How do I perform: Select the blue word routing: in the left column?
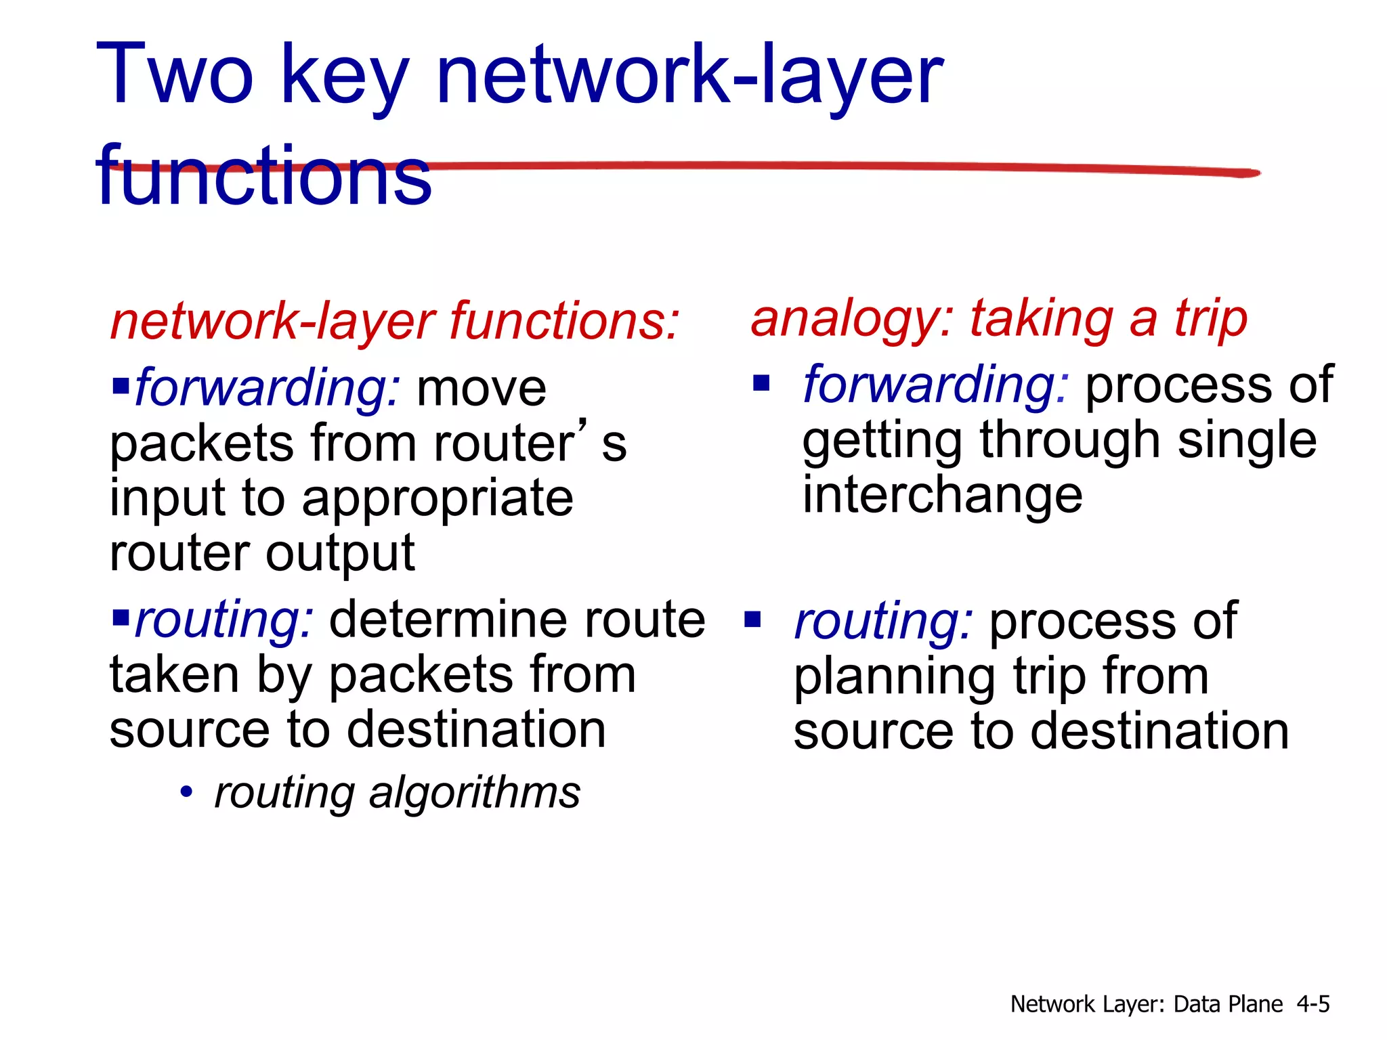click(x=224, y=620)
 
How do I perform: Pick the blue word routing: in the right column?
click(x=884, y=622)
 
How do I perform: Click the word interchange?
click(x=942, y=495)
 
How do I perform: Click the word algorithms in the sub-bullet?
click(x=474, y=792)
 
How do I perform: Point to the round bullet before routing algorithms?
click(x=186, y=792)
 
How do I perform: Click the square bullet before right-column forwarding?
click(x=762, y=384)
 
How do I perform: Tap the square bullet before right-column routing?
click(x=752, y=620)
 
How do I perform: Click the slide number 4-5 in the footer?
click(x=1313, y=1004)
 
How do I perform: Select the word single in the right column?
click(x=1247, y=441)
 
